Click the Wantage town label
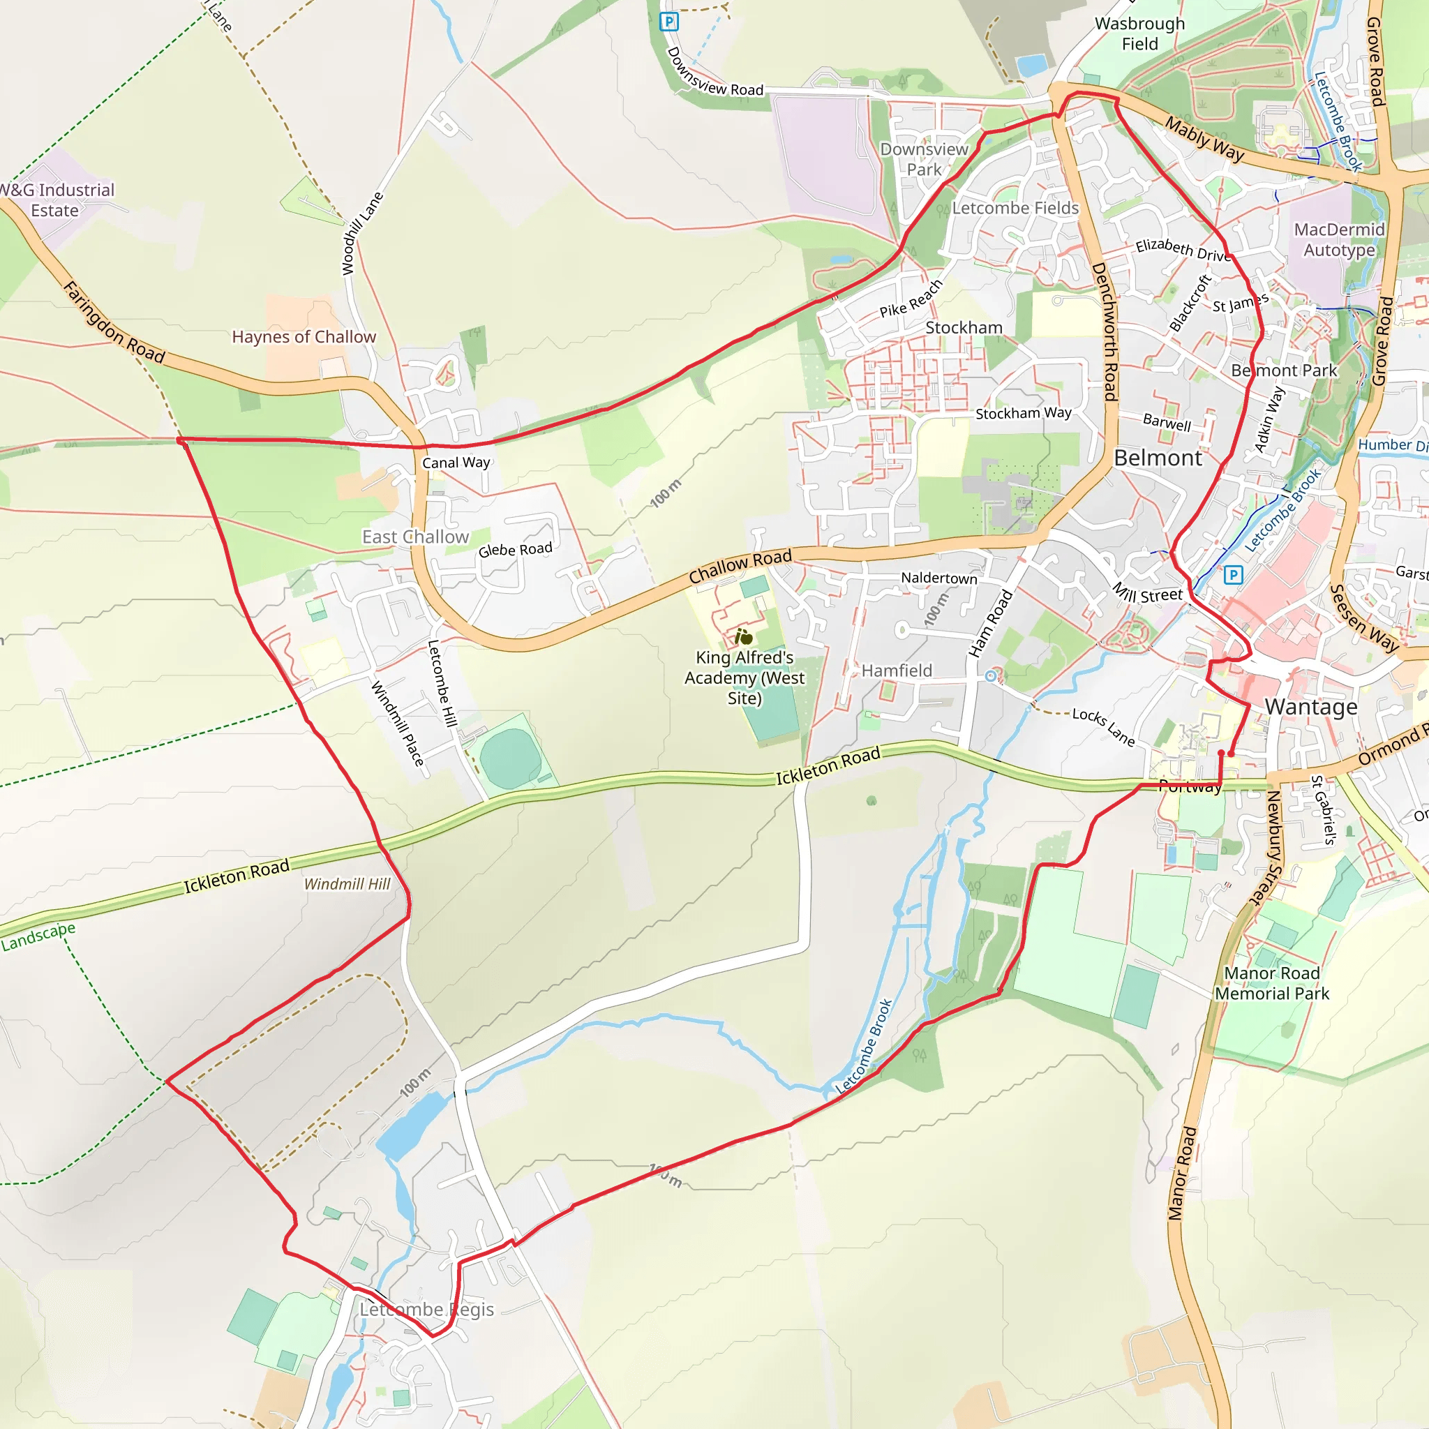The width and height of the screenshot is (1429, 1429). [1310, 707]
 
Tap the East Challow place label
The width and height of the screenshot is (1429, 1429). [415, 537]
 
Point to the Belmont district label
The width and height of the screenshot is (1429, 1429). [1158, 458]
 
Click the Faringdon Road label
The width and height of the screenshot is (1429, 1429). [114, 322]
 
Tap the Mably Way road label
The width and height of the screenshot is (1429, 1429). [1205, 139]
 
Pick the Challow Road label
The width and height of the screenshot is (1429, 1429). [740, 566]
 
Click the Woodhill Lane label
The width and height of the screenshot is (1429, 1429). [362, 233]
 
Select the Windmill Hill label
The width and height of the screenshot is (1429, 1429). [347, 884]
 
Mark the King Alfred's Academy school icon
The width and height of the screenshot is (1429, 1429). [743, 637]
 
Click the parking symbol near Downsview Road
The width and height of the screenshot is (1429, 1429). [668, 22]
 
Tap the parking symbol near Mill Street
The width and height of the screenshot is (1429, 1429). [1233, 575]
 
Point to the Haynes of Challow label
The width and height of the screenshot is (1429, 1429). [304, 337]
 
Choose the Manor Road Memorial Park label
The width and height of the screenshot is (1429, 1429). [1271, 983]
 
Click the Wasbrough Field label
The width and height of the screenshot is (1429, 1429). [1140, 34]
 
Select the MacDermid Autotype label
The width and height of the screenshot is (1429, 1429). [1339, 239]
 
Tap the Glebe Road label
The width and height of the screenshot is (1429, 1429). [515, 550]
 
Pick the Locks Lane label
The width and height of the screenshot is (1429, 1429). [1103, 726]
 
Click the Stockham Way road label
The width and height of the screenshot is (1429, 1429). [1023, 413]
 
